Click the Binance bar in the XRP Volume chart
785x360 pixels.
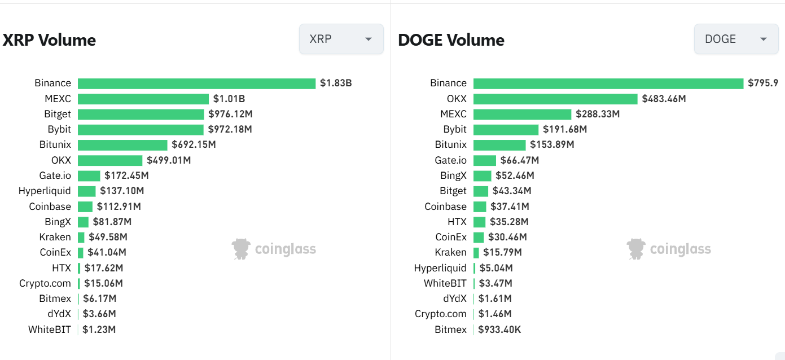point(196,84)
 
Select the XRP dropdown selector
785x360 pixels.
point(341,39)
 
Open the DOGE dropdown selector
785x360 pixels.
point(736,39)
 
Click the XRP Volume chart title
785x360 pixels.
point(49,40)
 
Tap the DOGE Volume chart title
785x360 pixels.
point(451,40)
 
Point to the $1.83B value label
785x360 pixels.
point(336,84)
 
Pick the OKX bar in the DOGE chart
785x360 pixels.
point(555,99)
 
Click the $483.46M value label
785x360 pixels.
point(664,99)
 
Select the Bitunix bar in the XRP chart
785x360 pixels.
point(122,145)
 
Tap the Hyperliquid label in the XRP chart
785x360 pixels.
point(45,191)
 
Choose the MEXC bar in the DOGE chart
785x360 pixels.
point(522,114)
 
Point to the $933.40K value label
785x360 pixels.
point(499,330)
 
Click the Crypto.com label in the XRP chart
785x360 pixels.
point(45,283)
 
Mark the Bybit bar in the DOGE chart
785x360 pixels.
point(506,129)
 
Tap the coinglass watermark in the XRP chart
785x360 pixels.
point(274,249)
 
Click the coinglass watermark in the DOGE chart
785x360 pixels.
point(669,249)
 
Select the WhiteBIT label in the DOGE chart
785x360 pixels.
point(445,283)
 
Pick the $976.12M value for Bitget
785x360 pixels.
point(230,114)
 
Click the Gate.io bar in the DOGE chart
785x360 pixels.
point(485,160)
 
